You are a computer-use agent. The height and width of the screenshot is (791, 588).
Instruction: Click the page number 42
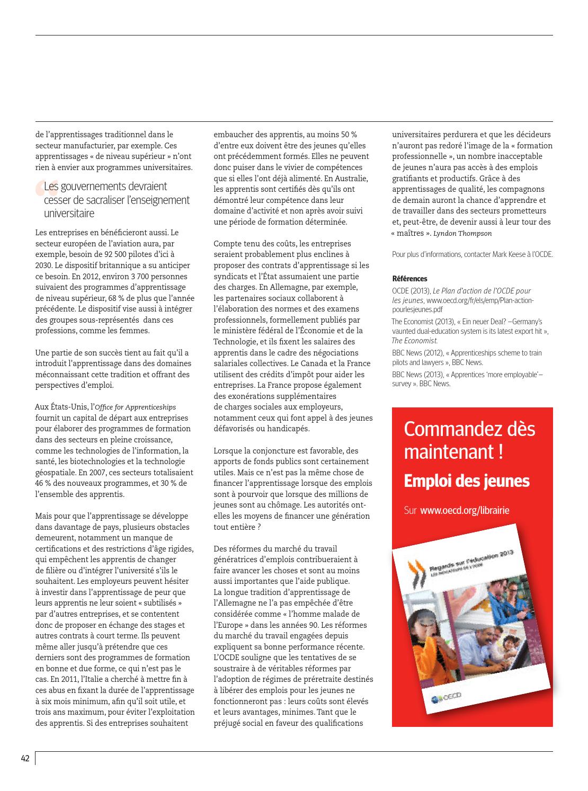tap(25, 758)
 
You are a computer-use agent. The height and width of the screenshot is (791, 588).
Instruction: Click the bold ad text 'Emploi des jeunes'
tap(466, 481)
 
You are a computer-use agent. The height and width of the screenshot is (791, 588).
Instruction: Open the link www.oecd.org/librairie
tap(465, 510)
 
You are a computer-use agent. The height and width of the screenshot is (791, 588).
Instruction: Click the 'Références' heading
tap(409, 279)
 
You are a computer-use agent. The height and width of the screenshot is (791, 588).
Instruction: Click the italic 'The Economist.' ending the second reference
tap(414, 341)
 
